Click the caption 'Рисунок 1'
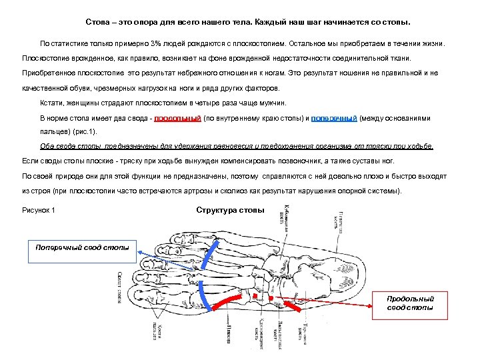[39, 211]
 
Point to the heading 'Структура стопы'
[230, 211]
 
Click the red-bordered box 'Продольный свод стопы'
[410, 303]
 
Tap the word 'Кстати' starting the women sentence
[51, 103]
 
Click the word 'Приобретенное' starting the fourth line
[49, 73]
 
